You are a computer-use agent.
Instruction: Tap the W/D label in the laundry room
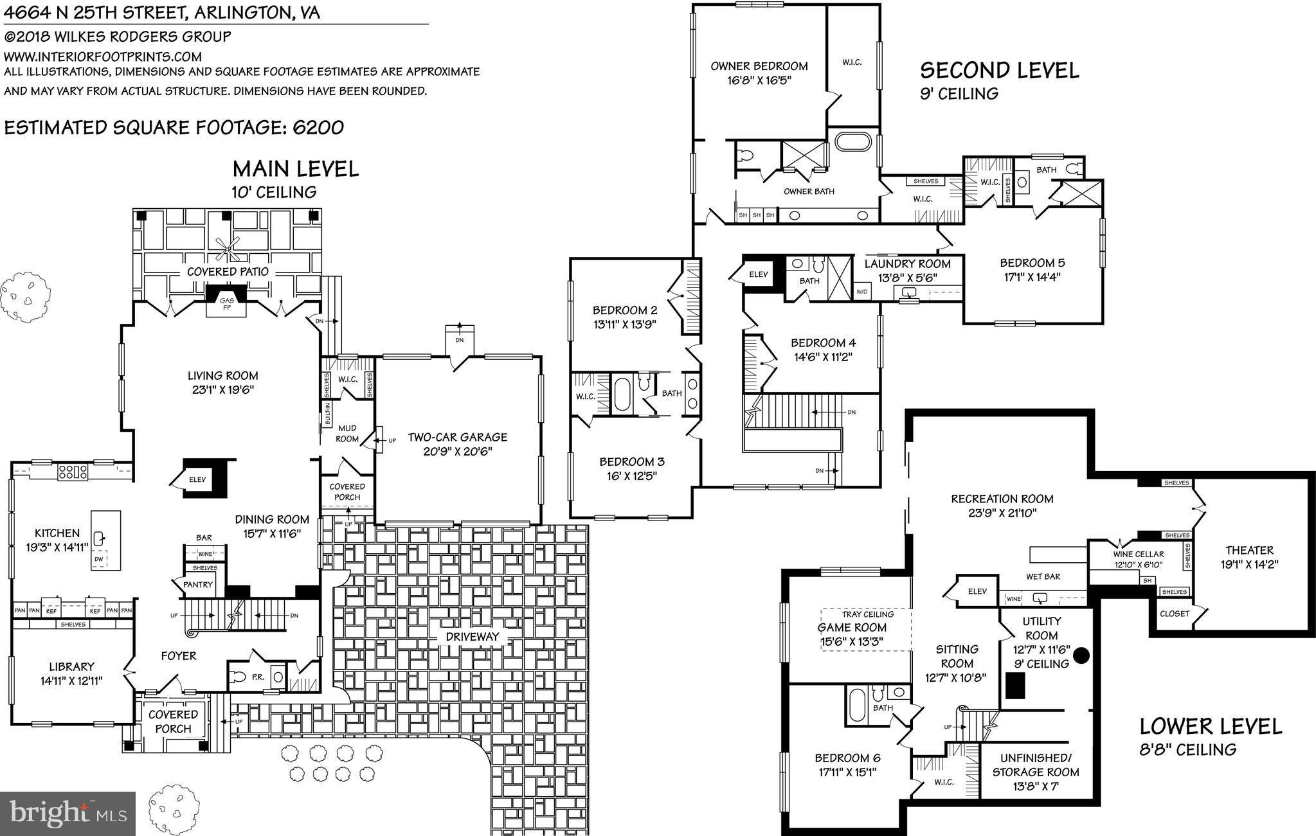(x=861, y=292)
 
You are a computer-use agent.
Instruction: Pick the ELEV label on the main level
(x=197, y=479)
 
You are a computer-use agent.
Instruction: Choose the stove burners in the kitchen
(x=73, y=472)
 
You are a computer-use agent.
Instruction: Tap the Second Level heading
(x=999, y=70)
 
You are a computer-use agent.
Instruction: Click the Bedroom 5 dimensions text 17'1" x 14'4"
(x=1032, y=278)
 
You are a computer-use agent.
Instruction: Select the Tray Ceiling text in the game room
(x=867, y=614)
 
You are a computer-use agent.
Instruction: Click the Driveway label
(x=473, y=637)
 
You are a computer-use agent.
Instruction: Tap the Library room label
(x=71, y=667)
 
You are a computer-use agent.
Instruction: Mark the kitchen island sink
(x=99, y=538)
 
